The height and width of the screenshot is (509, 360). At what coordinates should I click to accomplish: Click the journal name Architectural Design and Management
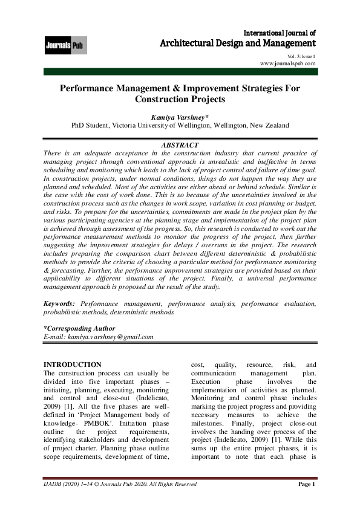point(237,44)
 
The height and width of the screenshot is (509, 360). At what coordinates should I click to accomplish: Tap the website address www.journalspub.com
point(287,63)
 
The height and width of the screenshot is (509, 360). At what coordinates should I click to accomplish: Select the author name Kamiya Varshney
point(179,116)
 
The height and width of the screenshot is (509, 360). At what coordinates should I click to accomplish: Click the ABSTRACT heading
point(180,146)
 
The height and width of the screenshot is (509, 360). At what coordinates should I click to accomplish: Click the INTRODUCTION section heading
point(72,365)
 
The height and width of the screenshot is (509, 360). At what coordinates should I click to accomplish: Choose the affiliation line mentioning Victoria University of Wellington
point(180,125)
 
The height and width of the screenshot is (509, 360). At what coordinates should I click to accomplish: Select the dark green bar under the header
point(180,73)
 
